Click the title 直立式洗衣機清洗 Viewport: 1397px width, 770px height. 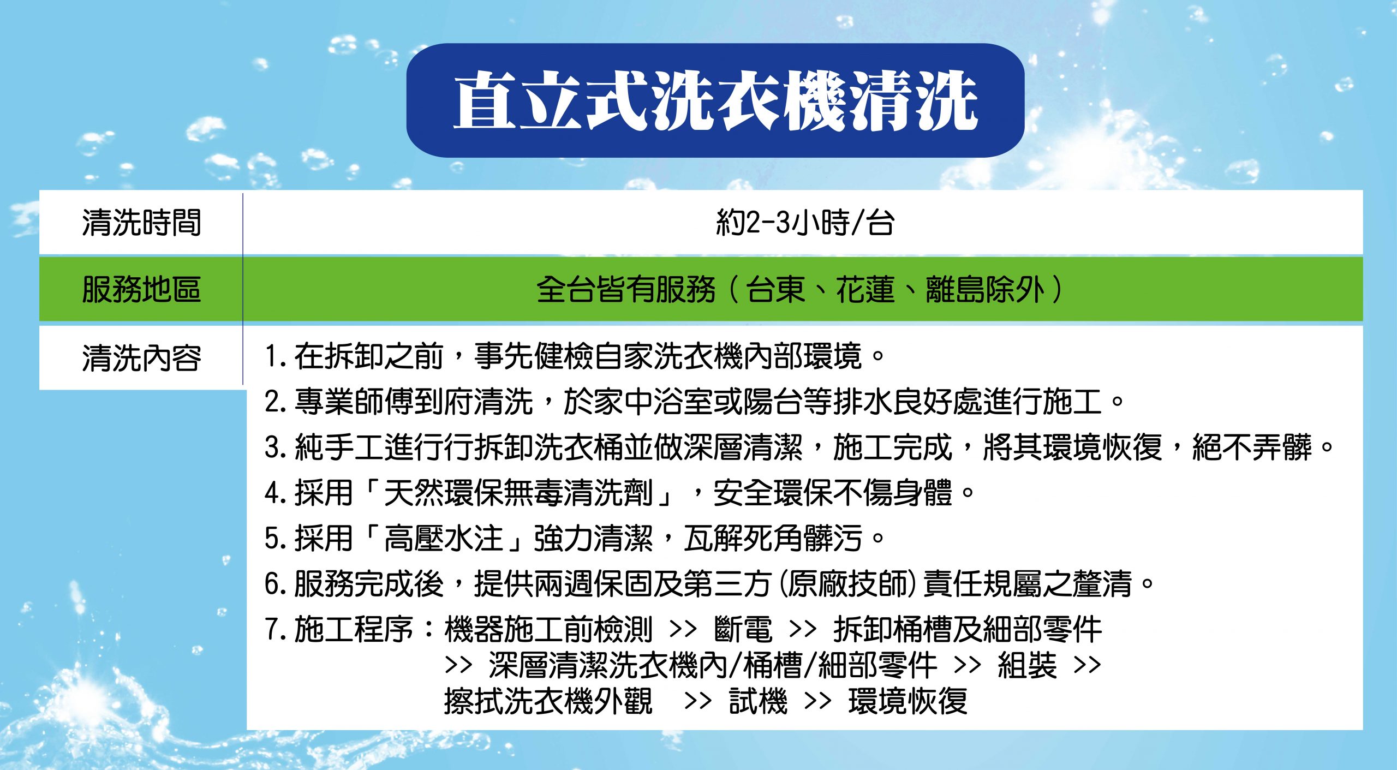(715, 102)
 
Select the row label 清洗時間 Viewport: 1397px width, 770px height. (141, 223)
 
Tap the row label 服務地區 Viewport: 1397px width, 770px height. (141, 289)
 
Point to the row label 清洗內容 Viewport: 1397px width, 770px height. (141, 358)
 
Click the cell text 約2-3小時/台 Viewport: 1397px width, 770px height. (805, 223)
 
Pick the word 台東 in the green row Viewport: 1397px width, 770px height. (775, 289)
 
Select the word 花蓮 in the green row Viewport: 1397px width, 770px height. (865, 289)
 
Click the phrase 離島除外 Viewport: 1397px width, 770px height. (985, 289)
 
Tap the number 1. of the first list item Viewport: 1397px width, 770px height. (276, 356)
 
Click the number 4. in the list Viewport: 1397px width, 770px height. (276, 493)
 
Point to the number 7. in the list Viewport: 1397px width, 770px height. (276, 630)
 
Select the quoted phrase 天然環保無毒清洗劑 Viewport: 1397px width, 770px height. (518, 493)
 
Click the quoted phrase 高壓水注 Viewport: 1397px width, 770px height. (444, 538)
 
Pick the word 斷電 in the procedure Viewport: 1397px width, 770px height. (743, 629)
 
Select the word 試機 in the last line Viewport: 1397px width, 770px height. (758, 701)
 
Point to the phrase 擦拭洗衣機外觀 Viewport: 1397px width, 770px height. (548, 701)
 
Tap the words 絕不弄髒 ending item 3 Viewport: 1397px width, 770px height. (1252, 447)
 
